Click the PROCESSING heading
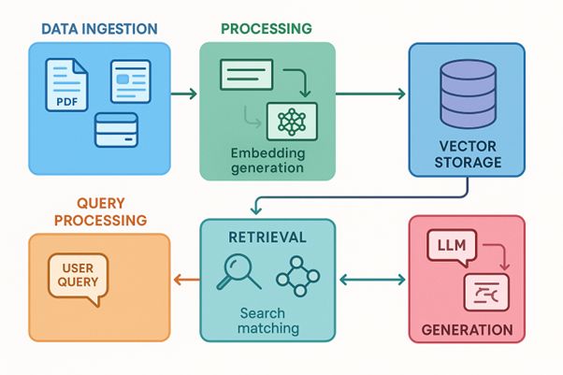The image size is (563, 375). [266, 29]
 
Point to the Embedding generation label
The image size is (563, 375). [267, 160]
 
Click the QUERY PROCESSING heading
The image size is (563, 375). [100, 211]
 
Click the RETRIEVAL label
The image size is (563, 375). [267, 238]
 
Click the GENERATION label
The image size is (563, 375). [467, 329]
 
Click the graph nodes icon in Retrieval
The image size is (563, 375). [298, 272]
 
